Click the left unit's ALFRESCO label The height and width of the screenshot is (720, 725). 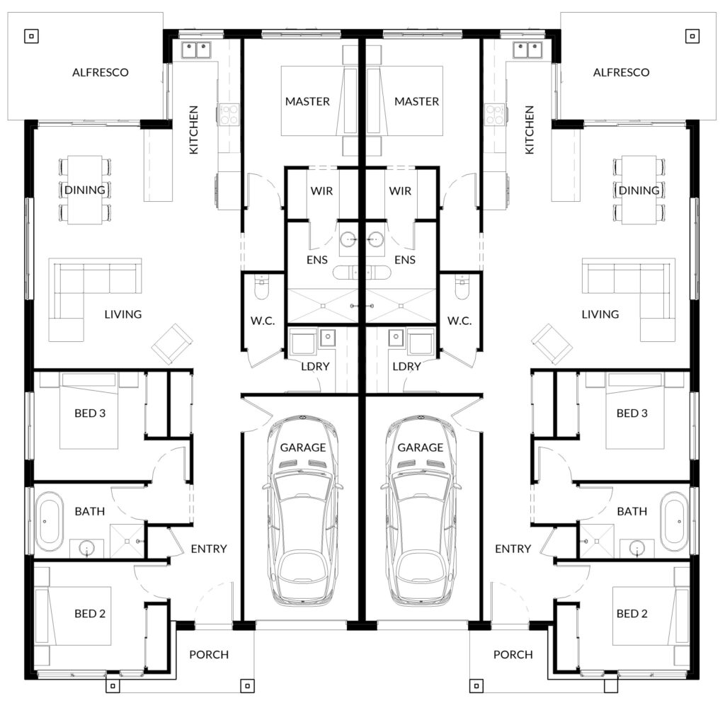tap(101, 73)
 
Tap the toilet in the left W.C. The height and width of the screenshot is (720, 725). tap(262, 287)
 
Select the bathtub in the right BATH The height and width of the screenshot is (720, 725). tap(674, 521)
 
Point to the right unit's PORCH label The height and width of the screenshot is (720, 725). tap(513, 655)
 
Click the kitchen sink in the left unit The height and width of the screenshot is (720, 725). tap(196, 50)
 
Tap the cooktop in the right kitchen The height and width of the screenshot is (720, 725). tap(495, 115)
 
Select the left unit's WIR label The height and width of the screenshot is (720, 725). tap(321, 191)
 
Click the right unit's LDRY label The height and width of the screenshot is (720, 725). tap(406, 367)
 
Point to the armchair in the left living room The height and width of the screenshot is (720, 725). tap(172, 343)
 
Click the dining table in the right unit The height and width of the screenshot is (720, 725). tap(639, 190)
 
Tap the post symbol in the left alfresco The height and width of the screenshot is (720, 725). tap(31, 36)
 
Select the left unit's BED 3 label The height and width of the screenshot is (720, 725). tap(90, 413)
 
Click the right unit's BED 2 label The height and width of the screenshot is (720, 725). tap(632, 614)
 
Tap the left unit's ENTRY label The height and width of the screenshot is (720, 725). tap(209, 549)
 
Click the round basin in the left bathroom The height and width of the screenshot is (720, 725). tap(86, 549)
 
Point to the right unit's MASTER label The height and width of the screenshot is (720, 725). tap(416, 102)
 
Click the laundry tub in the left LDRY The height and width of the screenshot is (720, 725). tap(327, 337)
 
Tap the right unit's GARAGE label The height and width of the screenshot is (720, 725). tap(421, 447)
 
